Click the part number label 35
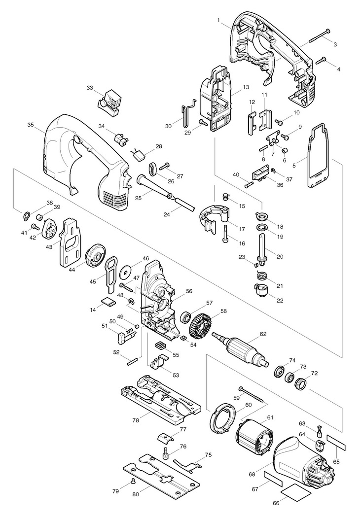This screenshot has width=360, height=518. [x=31, y=125]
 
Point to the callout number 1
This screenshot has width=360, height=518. [x=218, y=20]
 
